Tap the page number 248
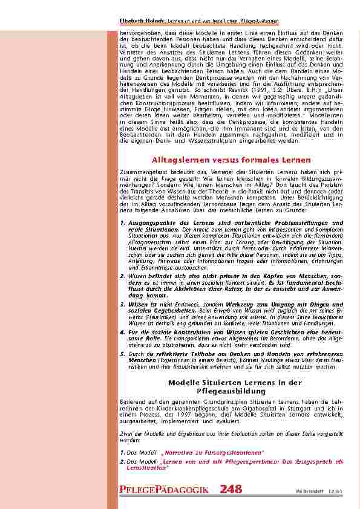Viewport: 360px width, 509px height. point(231,489)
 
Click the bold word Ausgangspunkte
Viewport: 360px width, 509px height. point(150,222)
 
